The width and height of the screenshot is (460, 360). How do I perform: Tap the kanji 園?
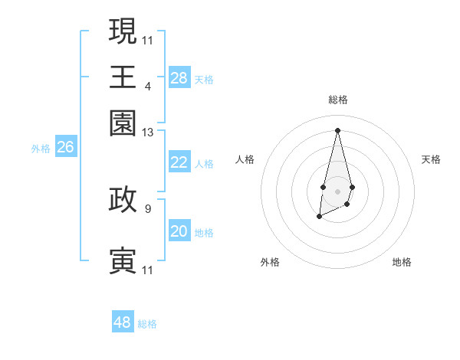click(x=123, y=123)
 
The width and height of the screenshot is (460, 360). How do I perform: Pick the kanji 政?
click(x=123, y=199)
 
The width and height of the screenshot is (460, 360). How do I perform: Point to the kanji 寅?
click(x=123, y=260)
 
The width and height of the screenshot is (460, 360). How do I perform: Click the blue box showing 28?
click(x=179, y=78)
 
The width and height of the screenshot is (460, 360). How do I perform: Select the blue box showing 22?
click(x=179, y=162)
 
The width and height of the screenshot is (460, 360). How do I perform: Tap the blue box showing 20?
click(x=179, y=231)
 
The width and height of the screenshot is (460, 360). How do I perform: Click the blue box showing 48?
click(x=123, y=322)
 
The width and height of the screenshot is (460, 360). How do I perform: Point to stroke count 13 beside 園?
click(x=148, y=133)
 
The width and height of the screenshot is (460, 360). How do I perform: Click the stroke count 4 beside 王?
click(x=147, y=86)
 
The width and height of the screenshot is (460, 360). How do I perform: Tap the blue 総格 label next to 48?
click(x=147, y=324)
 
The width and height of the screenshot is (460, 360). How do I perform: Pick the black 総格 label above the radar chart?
click(x=337, y=100)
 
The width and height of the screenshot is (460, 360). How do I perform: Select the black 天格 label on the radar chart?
click(x=432, y=159)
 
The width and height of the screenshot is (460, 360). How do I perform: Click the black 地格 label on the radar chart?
click(x=402, y=262)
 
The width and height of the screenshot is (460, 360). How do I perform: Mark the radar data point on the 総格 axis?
click(x=337, y=129)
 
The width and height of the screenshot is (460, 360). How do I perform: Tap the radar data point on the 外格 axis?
click(x=319, y=218)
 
